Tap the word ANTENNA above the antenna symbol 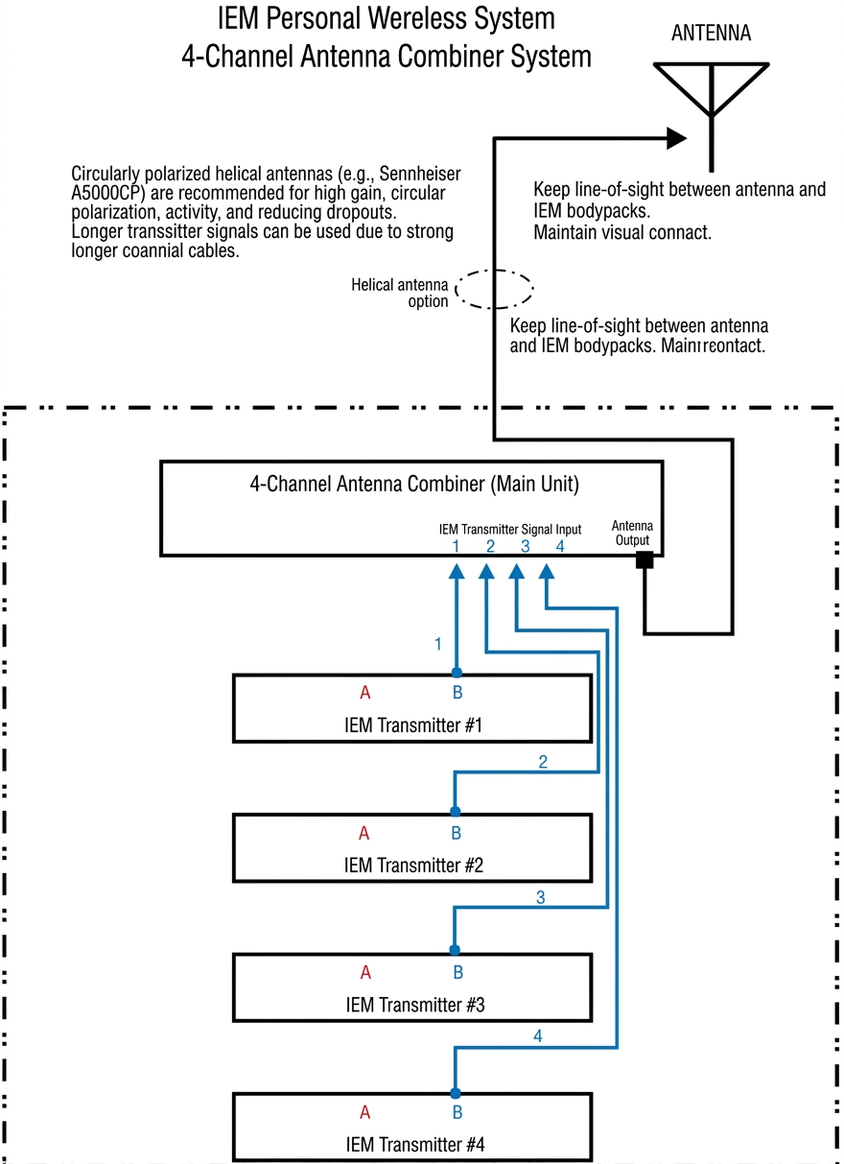point(711,34)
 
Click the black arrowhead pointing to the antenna point(677,138)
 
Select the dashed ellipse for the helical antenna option point(494,288)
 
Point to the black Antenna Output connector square point(645,558)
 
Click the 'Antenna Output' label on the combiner point(632,533)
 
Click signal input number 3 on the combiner point(525,546)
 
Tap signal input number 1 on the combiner point(456,546)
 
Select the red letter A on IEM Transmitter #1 point(364,693)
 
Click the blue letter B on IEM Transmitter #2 point(457,832)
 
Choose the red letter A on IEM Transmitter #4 point(364,1113)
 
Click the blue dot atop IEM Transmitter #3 point(456,950)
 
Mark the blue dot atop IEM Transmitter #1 point(457,673)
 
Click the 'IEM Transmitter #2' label point(413,865)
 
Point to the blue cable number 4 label point(538,1037)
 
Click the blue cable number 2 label point(543,762)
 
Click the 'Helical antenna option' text point(400,293)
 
